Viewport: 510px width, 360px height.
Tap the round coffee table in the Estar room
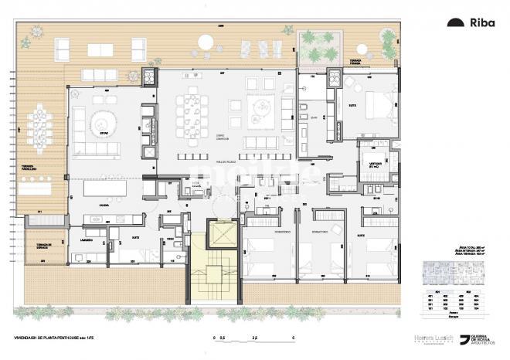click(99, 122)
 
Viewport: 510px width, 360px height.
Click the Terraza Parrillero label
click(30, 168)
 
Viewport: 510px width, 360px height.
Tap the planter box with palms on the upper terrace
click(318, 47)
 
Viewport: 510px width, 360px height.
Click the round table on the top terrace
click(207, 42)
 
